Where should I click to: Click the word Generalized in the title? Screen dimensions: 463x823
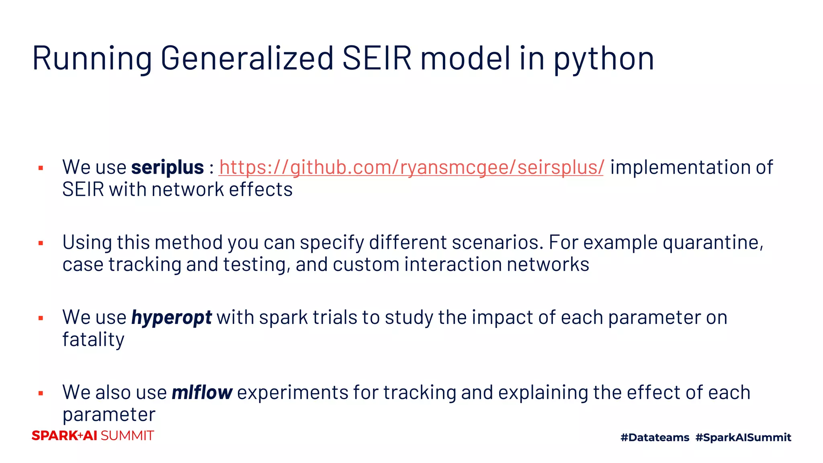tap(247, 59)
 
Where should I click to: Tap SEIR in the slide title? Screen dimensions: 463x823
tap(377, 59)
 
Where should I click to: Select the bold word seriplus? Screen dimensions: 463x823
tap(168, 168)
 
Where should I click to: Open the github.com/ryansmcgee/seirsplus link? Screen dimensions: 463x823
tap(411, 168)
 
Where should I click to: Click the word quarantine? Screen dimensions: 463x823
tap(712, 243)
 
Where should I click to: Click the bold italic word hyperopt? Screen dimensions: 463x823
tap(172, 318)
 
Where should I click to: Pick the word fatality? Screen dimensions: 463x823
tap(93, 340)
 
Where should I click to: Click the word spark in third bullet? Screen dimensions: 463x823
tap(283, 318)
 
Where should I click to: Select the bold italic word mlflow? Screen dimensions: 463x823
tap(202, 393)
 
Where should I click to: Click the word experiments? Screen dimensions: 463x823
tap(293, 393)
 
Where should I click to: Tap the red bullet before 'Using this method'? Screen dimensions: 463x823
tap(41, 243)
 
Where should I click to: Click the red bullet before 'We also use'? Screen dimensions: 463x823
tap(41, 393)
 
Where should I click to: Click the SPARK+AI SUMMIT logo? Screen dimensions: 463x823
tap(93, 436)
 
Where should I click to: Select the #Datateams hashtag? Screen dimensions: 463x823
tap(655, 437)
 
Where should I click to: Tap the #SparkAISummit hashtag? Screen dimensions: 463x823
tap(743, 437)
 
